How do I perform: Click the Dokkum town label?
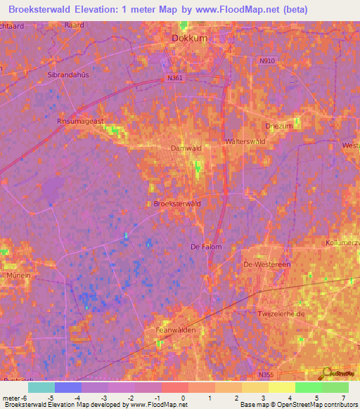[x=190, y=39]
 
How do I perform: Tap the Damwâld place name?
[x=186, y=148]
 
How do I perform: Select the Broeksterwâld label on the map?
[x=177, y=204]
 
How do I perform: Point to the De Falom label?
[x=206, y=247]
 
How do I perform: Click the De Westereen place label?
[x=266, y=264]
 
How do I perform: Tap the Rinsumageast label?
[x=80, y=121]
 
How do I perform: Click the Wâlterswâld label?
[x=245, y=141]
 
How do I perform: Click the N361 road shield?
[x=176, y=78]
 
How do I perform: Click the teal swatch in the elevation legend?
[x=41, y=387]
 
